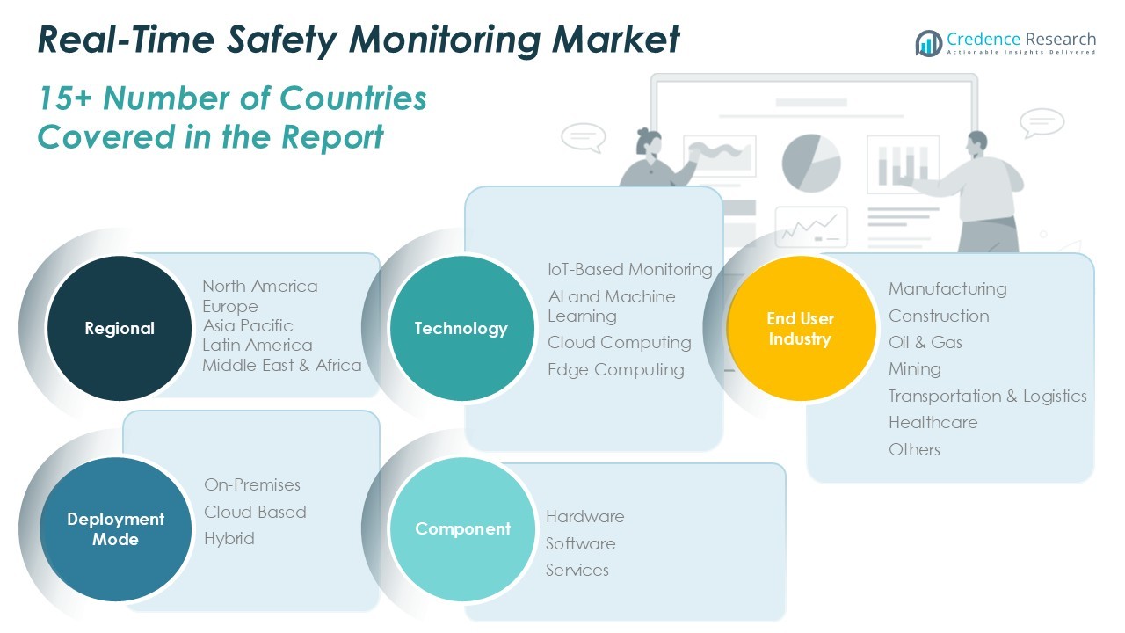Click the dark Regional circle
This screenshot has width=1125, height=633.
(119, 328)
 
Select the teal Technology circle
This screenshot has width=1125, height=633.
(461, 328)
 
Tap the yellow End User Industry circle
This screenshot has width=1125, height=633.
(801, 328)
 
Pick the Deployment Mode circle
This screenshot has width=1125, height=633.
(115, 529)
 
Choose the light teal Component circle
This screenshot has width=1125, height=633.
(462, 528)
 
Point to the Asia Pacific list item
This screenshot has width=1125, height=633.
(248, 325)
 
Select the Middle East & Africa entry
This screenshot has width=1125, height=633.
(282, 365)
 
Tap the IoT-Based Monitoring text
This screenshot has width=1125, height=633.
(629, 269)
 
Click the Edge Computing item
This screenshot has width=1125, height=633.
(615, 369)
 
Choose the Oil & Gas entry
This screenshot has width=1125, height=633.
(925, 342)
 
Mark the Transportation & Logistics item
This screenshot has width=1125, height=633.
(987, 396)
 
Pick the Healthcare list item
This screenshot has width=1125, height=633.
(933, 422)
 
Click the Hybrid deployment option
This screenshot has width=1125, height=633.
(229, 538)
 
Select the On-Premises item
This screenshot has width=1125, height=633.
(252, 484)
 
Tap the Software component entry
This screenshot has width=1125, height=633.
(580, 543)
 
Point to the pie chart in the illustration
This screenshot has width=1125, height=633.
(810, 162)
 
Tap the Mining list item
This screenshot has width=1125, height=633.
(914, 368)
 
